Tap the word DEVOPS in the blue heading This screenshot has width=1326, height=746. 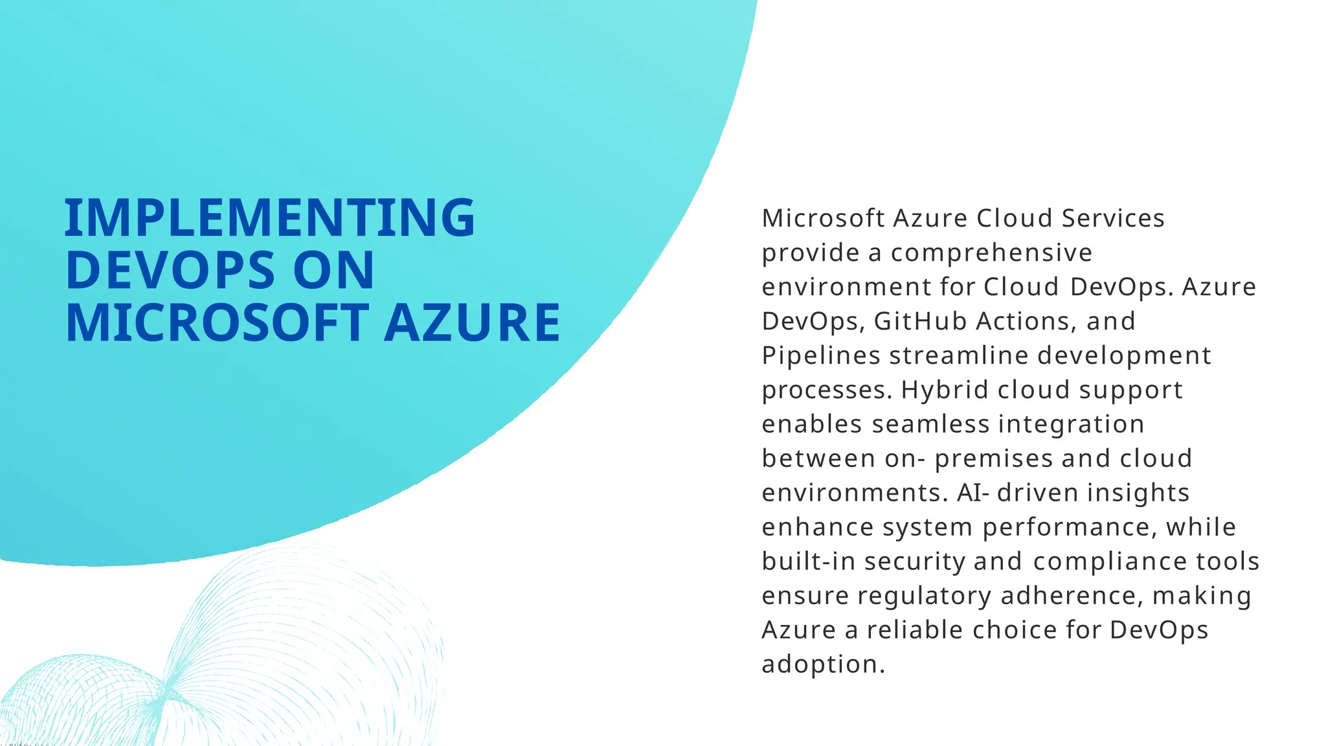pos(170,270)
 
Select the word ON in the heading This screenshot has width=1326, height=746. pos(333,270)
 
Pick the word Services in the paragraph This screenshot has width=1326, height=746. pos(1113,218)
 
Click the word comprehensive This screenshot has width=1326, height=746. pos(991,253)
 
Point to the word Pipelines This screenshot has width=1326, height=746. pos(821,356)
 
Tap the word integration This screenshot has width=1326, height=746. pos(1072,424)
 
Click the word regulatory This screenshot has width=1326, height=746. pos(924,596)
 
